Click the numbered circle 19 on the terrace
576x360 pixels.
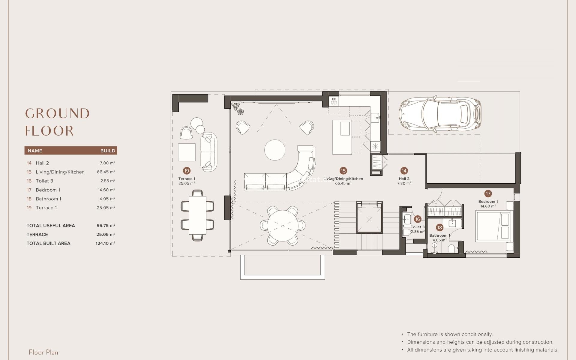click(187, 171)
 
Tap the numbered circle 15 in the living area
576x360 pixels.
click(343, 171)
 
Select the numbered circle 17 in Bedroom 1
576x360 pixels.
click(488, 193)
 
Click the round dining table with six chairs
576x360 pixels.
click(283, 225)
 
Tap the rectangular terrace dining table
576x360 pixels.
click(197, 215)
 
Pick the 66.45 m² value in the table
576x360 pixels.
click(106, 172)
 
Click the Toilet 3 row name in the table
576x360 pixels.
click(44, 181)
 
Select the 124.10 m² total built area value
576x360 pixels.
click(105, 243)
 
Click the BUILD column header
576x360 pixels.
click(108, 151)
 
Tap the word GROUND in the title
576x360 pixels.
click(57, 114)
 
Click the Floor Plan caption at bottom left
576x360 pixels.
click(43, 352)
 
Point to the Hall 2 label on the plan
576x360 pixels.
click(404, 179)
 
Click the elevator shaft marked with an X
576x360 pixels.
click(369, 220)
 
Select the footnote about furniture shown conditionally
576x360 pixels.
click(449, 334)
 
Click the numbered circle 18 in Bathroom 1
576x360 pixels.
click(439, 227)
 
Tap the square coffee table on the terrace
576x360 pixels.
click(187, 152)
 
